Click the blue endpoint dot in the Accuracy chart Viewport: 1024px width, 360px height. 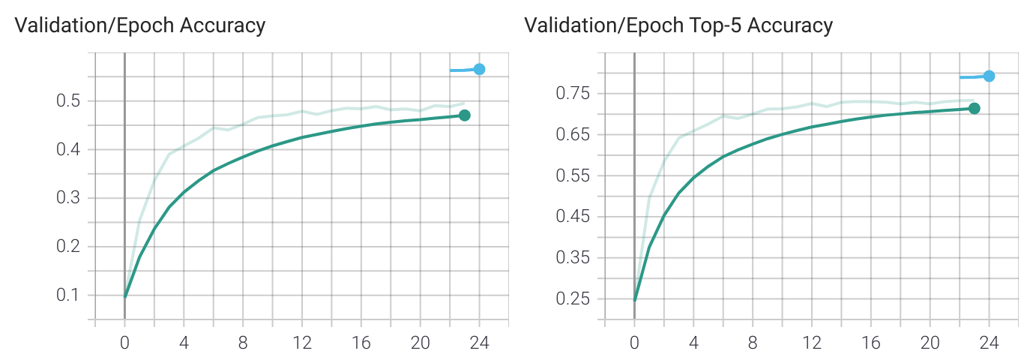click(479, 69)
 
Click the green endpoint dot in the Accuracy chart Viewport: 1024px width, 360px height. click(465, 115)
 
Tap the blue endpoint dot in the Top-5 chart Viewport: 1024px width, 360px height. click(989, 76)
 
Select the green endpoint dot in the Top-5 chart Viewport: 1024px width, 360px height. click(974, 108)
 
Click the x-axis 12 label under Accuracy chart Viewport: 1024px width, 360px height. click(302, 343)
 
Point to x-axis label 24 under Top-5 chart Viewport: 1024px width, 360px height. click(989, 343)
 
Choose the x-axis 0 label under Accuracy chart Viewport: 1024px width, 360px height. click(124, 343)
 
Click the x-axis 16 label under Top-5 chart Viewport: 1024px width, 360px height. click(870, 343)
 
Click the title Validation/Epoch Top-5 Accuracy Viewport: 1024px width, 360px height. click(678, 25)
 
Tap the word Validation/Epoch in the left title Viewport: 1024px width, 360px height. click(94, 25)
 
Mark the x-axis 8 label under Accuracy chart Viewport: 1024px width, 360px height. click(243, 343)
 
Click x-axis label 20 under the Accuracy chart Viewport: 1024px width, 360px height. click(420, 343)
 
